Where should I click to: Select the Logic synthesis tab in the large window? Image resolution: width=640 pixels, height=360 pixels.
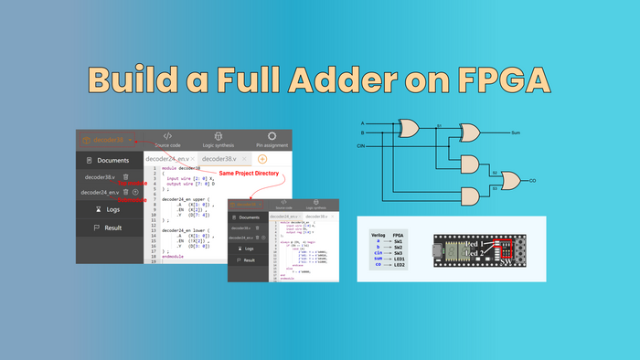pos(219,139)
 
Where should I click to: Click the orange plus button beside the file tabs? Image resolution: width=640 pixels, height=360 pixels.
pos(262,159)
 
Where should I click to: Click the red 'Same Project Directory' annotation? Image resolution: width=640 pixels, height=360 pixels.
pos(249,173)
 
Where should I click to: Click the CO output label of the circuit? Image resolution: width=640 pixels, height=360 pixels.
pos(532,181)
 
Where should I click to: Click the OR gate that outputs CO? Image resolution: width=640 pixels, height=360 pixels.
pos(506,180)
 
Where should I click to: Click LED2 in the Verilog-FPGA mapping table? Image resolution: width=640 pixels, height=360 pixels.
pos(400,265)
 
